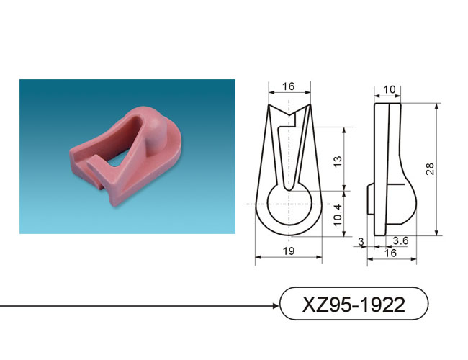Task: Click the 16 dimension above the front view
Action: [288, 86]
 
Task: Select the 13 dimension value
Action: [338, 161]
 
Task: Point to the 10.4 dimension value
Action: [338, 215]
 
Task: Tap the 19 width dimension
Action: [288, 251]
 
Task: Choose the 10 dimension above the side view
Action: [389, 89]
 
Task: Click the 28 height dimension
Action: [430, 168]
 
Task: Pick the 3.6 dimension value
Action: [400, 240]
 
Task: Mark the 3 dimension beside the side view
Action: [361, 241]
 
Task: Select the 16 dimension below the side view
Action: [390, 253]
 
